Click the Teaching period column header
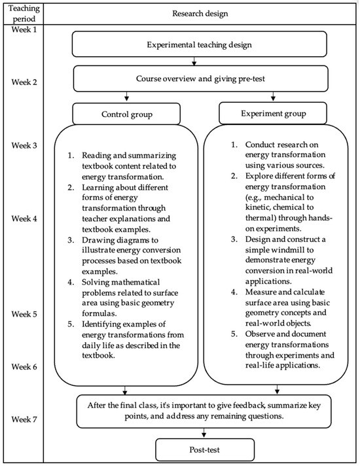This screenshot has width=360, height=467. pos(24,13)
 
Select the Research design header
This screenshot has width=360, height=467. pos(199,13)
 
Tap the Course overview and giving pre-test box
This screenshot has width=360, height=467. pos(199,79)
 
